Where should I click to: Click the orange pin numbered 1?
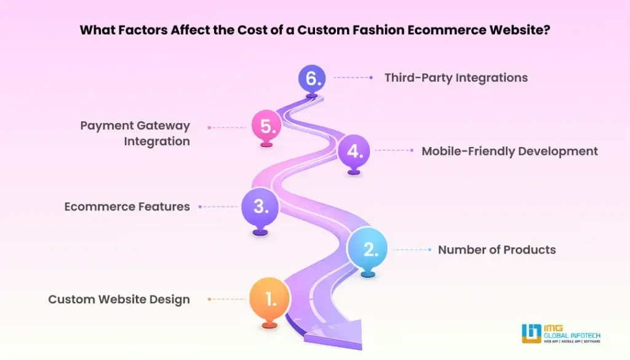coord(269,299)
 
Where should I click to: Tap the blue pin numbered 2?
coord(367,249)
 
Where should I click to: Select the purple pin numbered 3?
coord(260,207)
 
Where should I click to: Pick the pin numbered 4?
coord(354,151)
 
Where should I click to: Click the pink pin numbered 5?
coord(266,126)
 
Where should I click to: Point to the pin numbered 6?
coord(312,78)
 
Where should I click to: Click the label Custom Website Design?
coord(119,299)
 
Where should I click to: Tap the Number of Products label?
coord(496,249)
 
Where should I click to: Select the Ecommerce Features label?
coord(127,207)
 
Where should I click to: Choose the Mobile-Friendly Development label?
coord(509,151)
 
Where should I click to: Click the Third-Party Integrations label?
coord(456,78)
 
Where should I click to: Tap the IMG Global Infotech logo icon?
coord(532,334)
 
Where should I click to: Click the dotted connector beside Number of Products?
coord(412,249)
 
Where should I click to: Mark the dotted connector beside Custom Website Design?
coord(227,299)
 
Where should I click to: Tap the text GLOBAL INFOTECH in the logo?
coord(572,335)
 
